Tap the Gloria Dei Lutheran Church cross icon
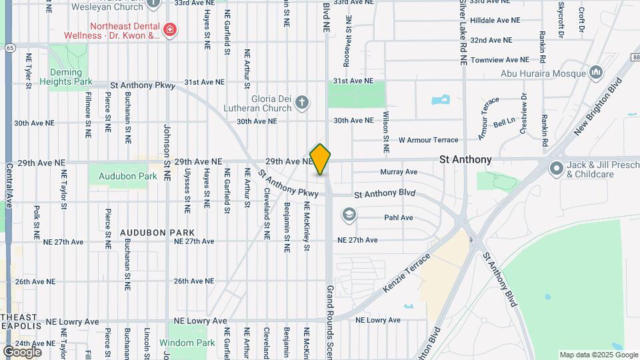302,102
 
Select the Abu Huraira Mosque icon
596,71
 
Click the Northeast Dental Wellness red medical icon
169,29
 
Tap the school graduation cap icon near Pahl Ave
348,215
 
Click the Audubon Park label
127,177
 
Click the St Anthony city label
465,159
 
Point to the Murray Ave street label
399,172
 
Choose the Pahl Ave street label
399,217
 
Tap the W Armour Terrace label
428,140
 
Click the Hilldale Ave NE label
495,21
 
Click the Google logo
22,351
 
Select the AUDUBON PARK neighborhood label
147,233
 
